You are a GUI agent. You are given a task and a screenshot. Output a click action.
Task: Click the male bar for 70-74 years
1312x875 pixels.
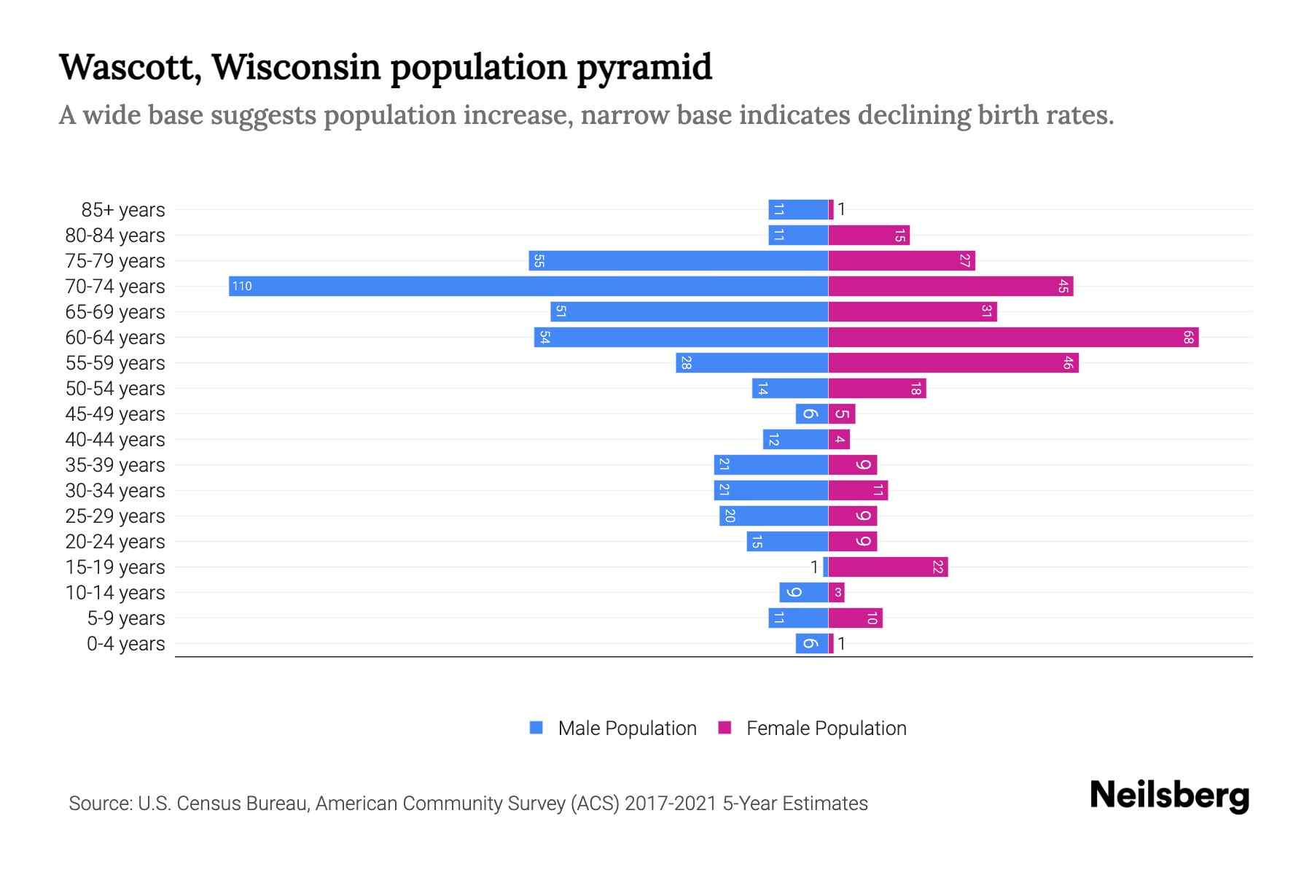pos(528,286)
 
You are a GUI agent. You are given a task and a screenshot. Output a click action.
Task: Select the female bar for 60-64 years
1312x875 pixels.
pos(1013,337)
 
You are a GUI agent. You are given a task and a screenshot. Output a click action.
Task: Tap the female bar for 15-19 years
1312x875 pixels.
pos(888,567)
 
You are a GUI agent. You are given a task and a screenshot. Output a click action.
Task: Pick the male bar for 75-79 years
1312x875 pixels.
pos(678,260)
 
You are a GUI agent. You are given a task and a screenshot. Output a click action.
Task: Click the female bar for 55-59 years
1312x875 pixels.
pos(953,362)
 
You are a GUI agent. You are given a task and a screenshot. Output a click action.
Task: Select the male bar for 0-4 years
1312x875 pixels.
pos(811,643)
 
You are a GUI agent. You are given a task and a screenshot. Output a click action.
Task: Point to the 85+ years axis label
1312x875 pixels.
pos(122,210)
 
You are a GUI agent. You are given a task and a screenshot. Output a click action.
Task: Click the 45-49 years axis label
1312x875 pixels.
pos(115,414)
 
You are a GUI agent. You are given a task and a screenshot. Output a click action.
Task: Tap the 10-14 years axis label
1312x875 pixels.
pos(115,593)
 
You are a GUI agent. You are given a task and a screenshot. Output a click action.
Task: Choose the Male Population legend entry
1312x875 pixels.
pos(626,728)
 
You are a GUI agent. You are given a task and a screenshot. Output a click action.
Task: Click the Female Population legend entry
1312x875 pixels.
pos(825,728)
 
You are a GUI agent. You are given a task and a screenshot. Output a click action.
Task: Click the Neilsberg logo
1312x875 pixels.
pos(1169,796)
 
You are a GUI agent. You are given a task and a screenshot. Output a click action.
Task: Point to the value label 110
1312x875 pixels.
pos(242,286)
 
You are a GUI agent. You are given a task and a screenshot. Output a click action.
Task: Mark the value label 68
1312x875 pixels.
pos(1188,337)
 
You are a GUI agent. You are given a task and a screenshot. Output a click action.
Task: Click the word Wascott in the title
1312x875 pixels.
pos(130,67)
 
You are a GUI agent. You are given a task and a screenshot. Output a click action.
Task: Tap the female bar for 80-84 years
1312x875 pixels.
pos(869,235)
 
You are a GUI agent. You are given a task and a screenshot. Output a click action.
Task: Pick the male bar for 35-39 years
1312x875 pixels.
pos(770,464)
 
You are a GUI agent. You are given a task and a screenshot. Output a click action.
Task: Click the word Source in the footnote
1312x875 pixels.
pos(99,804)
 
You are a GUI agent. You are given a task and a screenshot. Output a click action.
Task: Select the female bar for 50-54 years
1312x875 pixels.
pos(877,388)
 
